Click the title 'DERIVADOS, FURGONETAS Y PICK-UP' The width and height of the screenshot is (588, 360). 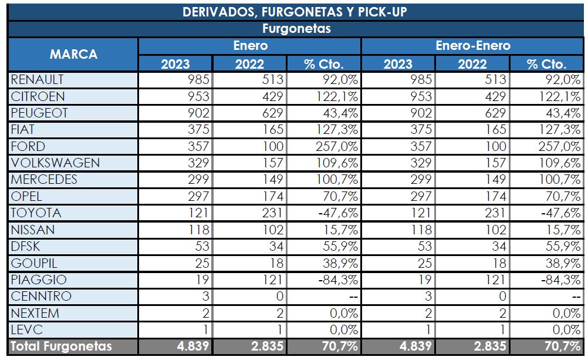pos(295,12)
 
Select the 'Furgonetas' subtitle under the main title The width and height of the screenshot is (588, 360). pos(295,29)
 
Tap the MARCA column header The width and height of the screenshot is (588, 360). pos(73,55)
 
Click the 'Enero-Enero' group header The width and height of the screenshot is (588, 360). pos(473,46)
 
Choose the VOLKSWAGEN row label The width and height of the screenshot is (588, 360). pos(55,163)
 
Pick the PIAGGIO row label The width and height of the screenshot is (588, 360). pos(39,280)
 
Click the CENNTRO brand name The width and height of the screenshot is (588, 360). pos(41,296)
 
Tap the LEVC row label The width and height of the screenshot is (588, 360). pos(26,329)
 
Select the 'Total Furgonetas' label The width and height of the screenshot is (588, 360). pos(62,346)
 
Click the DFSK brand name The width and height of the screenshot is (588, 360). pos(26,246)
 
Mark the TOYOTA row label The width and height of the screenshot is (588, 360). pos(36,213)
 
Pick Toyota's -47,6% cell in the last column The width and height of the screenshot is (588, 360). pos(557,213)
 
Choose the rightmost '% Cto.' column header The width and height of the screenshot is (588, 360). pos(546,64)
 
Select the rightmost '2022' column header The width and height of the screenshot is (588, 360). pos(472,64)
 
